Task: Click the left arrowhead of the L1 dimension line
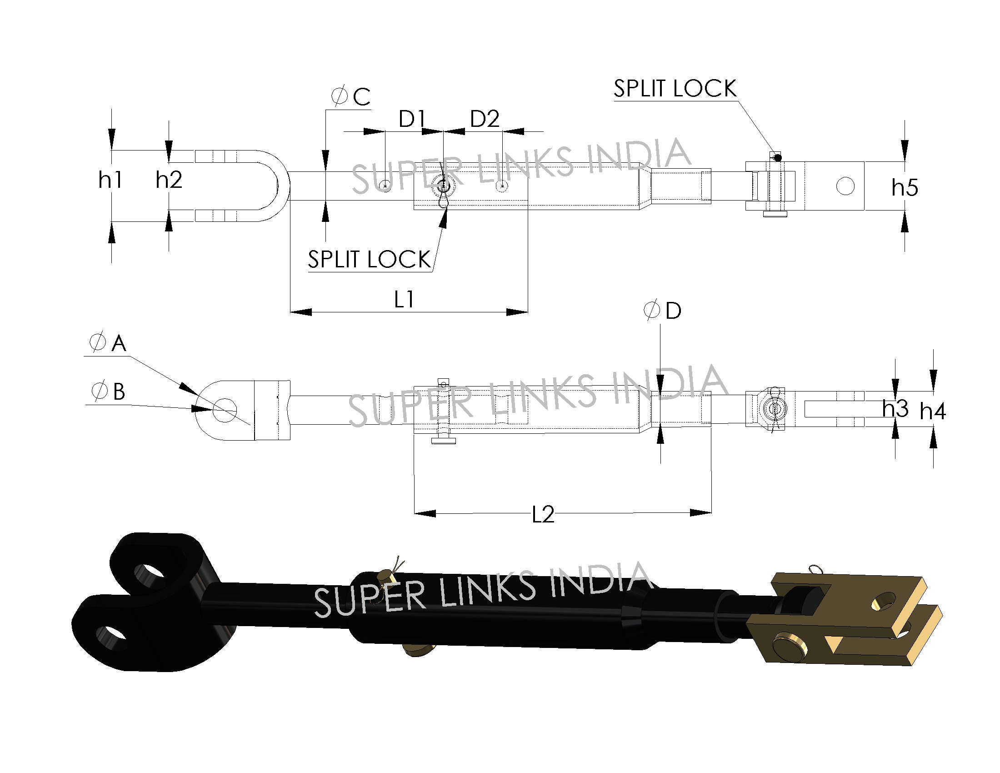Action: [301, 312]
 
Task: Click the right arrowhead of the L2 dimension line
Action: [700, 513]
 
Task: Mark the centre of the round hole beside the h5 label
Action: [845, 186]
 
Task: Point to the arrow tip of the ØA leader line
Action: [197, 395]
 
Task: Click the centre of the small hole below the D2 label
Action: [502, 186]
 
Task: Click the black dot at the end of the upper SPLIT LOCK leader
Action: [777, 158]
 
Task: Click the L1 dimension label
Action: [404, 300]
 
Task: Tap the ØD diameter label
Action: [663, 311]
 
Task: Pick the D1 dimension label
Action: [412, 119]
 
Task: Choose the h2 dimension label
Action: [169, 180]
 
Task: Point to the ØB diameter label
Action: [108, 391]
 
